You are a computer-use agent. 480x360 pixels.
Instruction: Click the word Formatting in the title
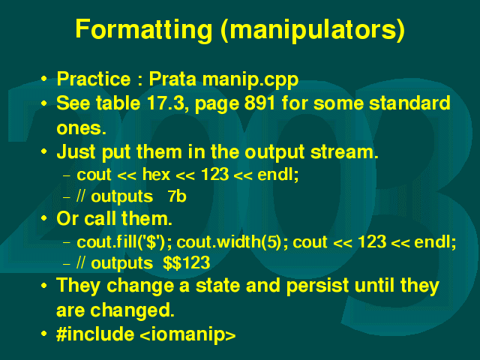tap(143, 29)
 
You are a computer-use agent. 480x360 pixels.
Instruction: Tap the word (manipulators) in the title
tap(313, 29)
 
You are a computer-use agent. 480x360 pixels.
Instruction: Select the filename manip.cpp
tap(250, 79)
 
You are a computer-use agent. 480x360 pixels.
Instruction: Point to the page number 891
tap(260, 103)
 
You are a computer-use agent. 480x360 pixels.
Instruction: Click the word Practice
tap(94, 79)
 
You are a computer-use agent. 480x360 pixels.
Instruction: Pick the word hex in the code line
tap(156, 175)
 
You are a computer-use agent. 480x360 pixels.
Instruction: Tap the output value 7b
tap(177, 196)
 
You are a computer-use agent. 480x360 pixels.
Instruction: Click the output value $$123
tap(187, 263)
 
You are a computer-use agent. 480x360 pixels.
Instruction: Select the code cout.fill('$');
tap(124, 242)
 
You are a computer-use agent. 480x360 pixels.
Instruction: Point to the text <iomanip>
tap(187, 334)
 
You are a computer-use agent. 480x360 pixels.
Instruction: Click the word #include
tap(95, 333)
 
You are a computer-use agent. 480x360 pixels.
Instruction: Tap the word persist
tap(317, 286)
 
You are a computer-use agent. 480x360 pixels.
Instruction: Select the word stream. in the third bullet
tap(344, 152)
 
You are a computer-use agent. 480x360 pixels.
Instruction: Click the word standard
tap(409, 103)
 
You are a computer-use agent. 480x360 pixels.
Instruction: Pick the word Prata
tap(172, 79)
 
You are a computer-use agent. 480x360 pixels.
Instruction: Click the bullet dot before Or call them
tap(44, 218)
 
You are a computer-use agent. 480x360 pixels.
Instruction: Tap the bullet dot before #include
tap(44, 333)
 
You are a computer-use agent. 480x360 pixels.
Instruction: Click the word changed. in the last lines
tap(132, 310)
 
